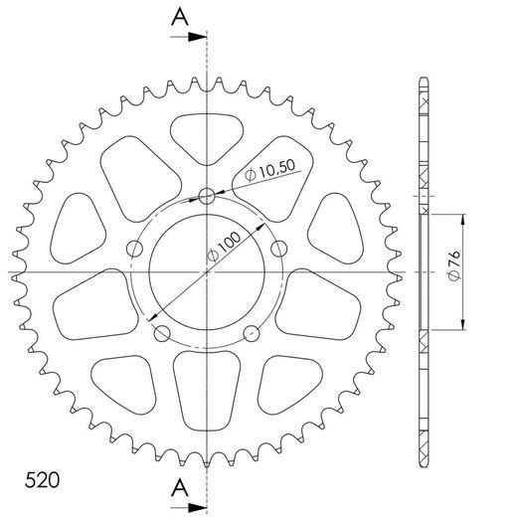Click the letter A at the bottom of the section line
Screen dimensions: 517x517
(179, 486)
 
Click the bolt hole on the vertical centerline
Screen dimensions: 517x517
(207, 196)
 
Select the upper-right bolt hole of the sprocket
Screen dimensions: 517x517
(279, 248)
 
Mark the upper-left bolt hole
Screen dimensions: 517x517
(134, 248)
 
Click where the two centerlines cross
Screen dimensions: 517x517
(207, 271)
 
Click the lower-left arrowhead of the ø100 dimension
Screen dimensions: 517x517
(151, 317)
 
